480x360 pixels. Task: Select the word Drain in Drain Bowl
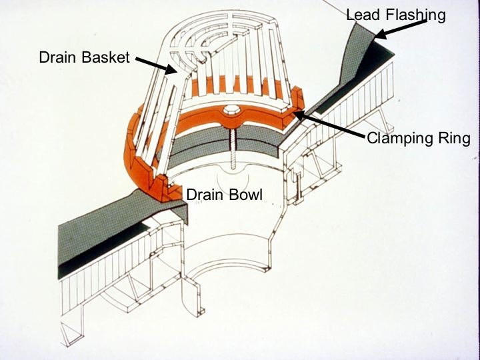[203, 195]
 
